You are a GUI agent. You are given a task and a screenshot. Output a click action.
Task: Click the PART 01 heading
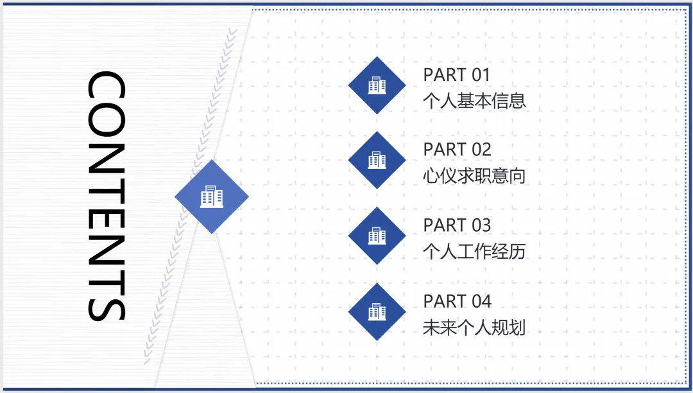coord(456,75)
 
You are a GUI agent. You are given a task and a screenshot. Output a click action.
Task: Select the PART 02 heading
coord(457,150)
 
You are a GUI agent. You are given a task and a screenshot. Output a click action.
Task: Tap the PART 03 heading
coord(457,225)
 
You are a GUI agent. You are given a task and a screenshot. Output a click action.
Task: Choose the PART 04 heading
coord(457,301)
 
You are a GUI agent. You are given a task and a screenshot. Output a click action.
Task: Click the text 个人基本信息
coord(474,101)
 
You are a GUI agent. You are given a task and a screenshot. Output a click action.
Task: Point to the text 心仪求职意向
coord(474,176)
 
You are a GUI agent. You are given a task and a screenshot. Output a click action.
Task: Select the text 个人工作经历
coord(474,251)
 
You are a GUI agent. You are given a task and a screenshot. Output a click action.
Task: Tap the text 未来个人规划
coord(474,327)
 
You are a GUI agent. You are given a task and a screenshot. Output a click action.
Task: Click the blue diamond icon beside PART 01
coord(377,85)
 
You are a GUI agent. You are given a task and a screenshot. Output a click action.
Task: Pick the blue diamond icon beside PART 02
coord(377,161)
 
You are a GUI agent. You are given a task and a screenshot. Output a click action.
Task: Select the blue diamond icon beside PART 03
coord(377,236)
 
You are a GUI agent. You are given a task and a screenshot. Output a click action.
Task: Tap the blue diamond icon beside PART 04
coord(377,312)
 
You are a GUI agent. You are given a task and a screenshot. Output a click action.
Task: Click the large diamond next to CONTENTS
coord(212,197)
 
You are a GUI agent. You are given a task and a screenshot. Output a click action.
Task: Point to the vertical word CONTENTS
coord(106,196)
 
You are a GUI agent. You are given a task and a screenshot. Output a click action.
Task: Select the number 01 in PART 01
coord(481,75)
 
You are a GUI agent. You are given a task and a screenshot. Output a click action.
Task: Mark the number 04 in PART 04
coord(481,301)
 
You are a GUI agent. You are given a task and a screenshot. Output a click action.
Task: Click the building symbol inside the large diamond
coord(212,197)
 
